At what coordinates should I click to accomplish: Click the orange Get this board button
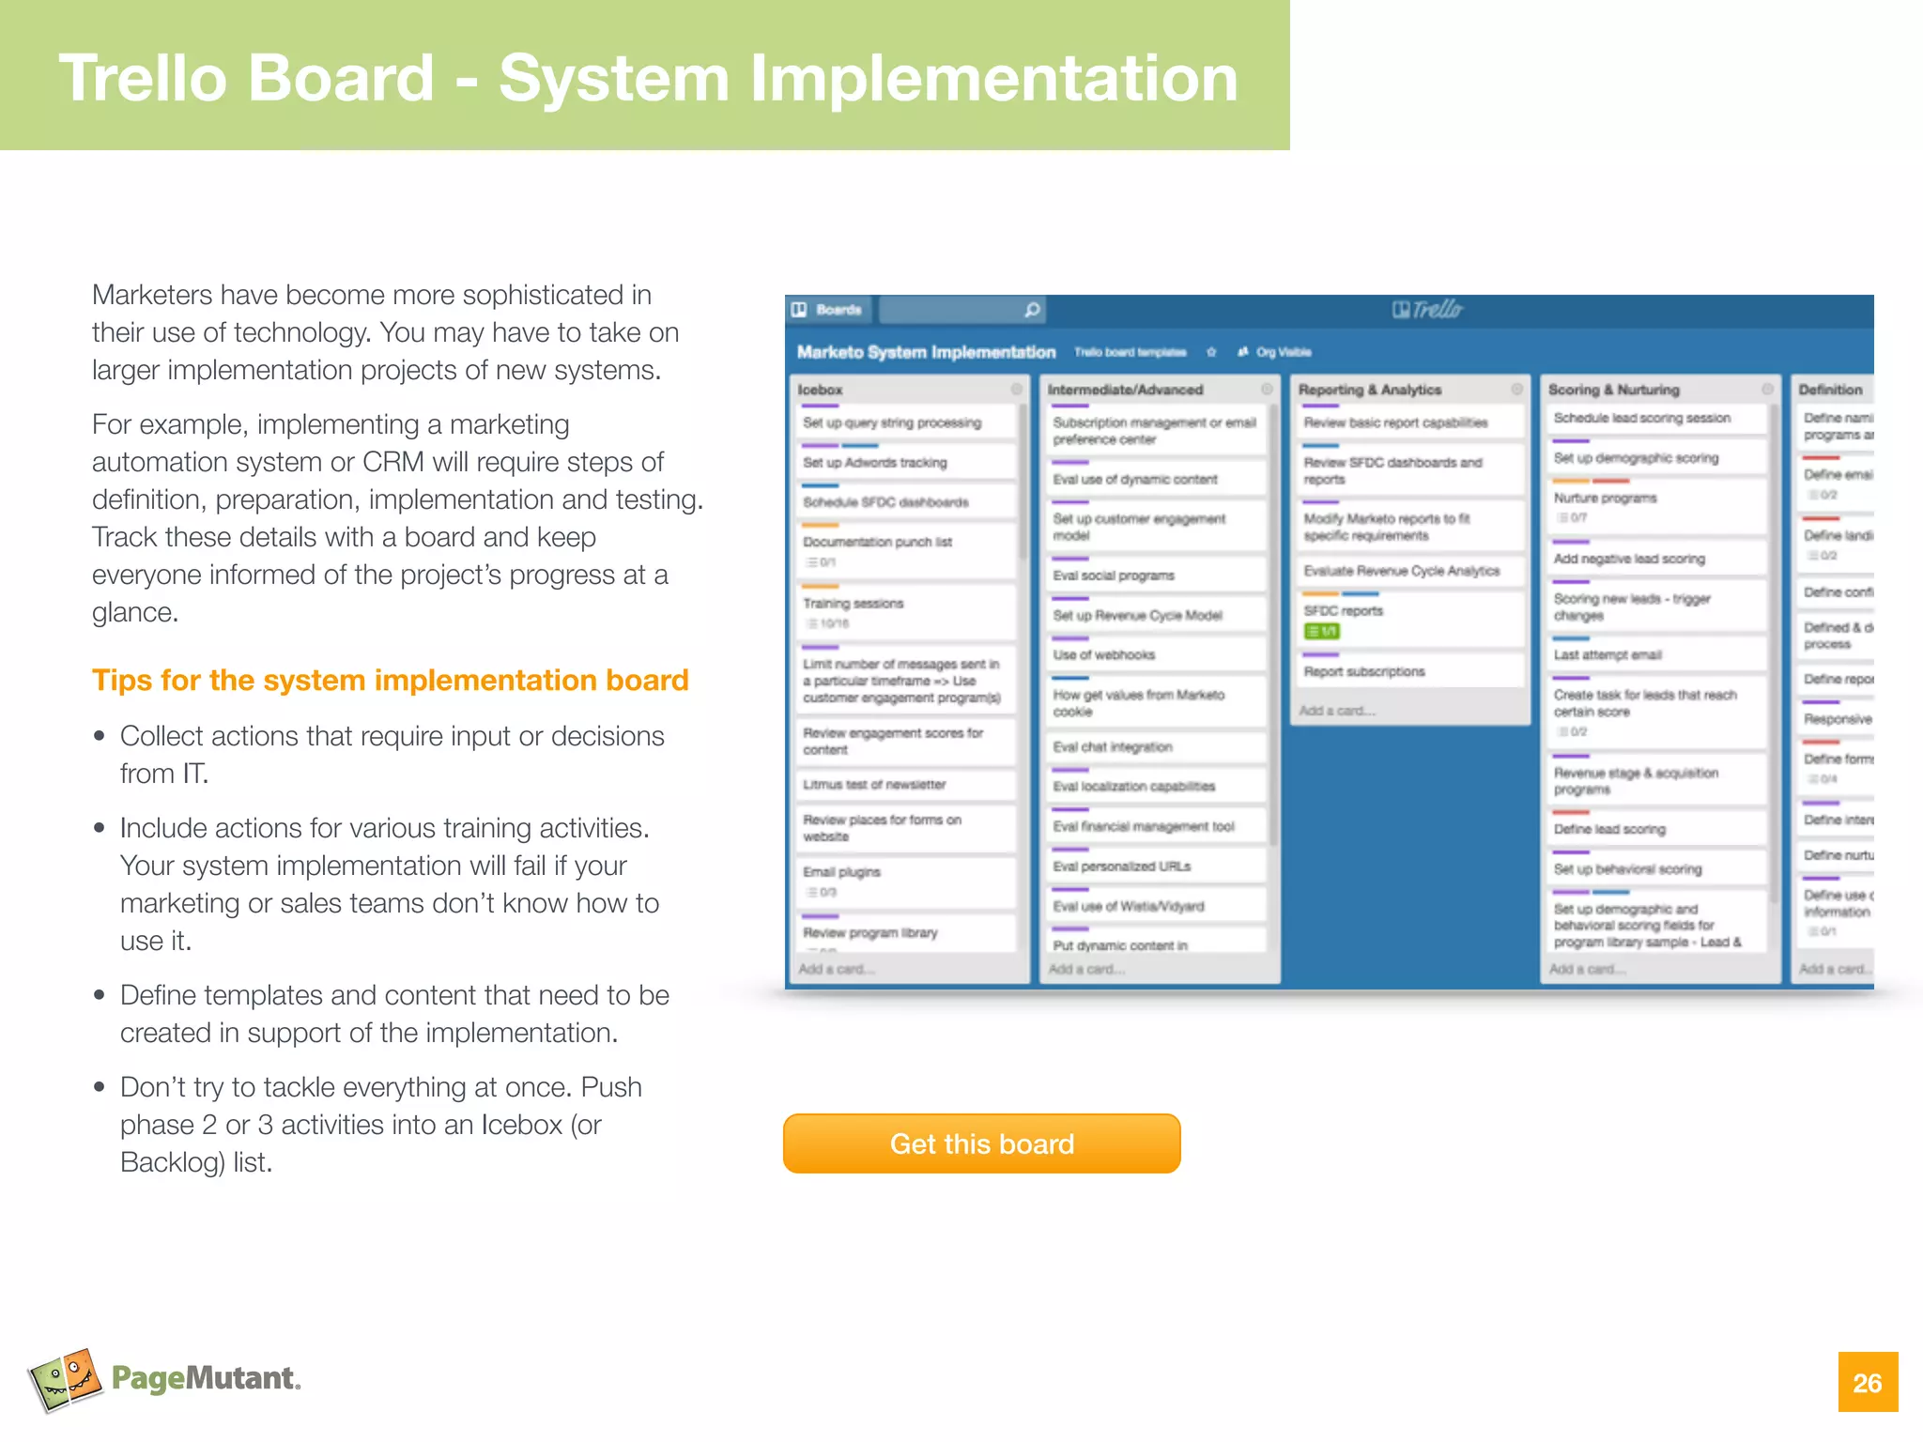pos(981,1143)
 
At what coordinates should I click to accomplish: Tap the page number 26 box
pos(1868,1382)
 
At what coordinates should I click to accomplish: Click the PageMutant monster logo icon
pos(65,1378)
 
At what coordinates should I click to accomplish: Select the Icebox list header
pos(820,390)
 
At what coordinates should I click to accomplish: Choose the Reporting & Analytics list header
pos(1369,390)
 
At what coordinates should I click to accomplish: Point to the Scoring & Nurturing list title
pos(1613,390)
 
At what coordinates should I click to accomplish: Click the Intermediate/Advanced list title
pos(1125,390)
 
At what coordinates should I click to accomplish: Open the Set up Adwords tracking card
pos(875,463)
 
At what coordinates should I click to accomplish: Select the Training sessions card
pos(854,604)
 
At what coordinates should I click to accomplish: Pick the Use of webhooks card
pos(1103,655)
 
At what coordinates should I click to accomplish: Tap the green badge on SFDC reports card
pos(1321,632)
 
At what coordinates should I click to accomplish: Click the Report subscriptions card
pos(1364,672)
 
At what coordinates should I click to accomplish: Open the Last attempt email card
pos(1608,655)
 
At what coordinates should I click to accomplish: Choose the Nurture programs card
pos(1605,499)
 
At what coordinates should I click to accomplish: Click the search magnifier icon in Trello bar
pos(1032,310)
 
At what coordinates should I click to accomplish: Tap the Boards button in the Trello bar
pos(828,310)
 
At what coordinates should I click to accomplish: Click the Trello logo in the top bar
pos(1427,310)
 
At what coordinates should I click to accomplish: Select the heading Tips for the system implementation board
pos(390,680)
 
